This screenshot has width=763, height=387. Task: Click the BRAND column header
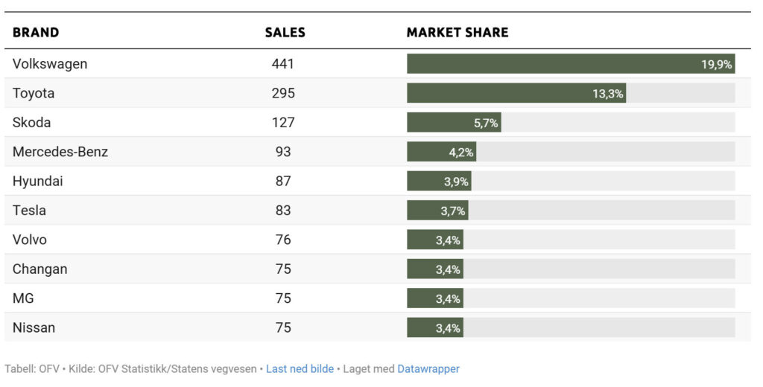pyautogui.click(x=36, y=33)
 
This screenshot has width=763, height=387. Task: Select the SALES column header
pyautogui.click(x=285, y=33)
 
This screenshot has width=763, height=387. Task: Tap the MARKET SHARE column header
pyautogui.click(x=457, y=33)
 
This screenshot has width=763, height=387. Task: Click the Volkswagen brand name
pyautogui.click(x=50, y=64)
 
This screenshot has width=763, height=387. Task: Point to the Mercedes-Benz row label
pyautogui.click(x=60, y=152)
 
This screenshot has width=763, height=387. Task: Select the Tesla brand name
pyautogui.click(x=29, y=211)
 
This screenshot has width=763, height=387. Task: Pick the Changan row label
pyautogui.click(x=39, y=269)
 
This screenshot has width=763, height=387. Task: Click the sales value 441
pyautogui.click(x=283, y=64)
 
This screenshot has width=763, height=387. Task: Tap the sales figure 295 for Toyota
pyautogui.click(x=283, y=94)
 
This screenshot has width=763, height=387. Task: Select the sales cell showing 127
pyautogui.click(x=283, y=123)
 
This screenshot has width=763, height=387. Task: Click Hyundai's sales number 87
pyautogui.click(x=283, y=182)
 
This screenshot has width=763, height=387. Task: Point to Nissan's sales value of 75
pyautogui.click(x=283, y=328)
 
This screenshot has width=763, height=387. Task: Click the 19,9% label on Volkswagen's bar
pyautogui.click(x=716, y=65)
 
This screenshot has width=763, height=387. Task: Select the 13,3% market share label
pyautogui.click(x=608, y=94)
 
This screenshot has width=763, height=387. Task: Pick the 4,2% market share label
pyautogui.click(x=461, y=153)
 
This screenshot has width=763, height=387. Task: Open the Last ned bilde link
pyautogui.click(x=300, y=369)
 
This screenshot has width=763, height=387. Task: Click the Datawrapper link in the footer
pyautogui.click(x=428, y=369)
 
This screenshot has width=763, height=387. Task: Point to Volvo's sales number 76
pyautogui.click(x=283, y=240)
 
